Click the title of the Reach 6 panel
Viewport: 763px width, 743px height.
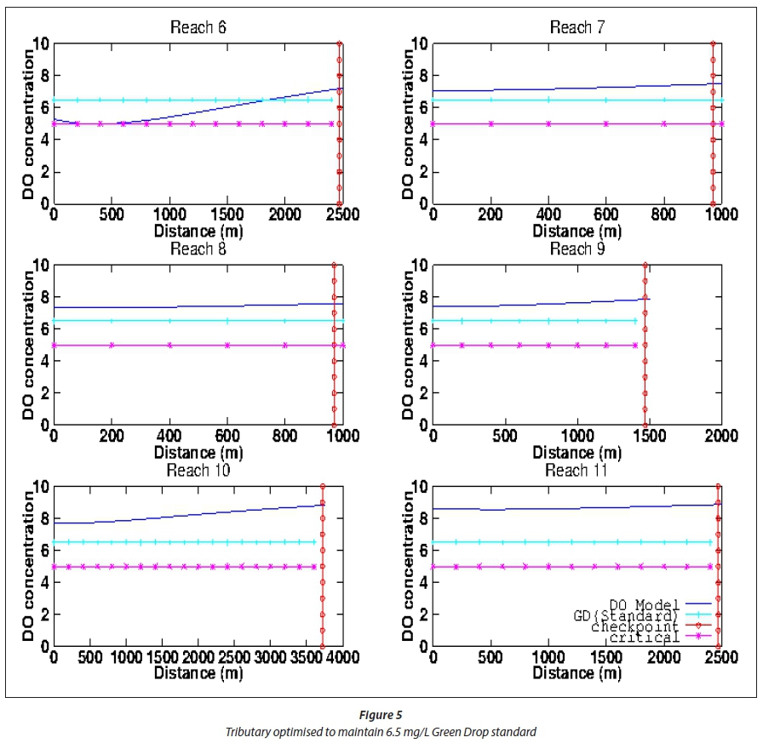198,27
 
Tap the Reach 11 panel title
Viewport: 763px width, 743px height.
577,471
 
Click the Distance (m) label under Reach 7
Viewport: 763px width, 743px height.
577,231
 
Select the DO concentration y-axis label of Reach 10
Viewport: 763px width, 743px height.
28,566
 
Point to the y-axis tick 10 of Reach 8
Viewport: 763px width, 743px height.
41,265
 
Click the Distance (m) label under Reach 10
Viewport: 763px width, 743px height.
198,673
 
